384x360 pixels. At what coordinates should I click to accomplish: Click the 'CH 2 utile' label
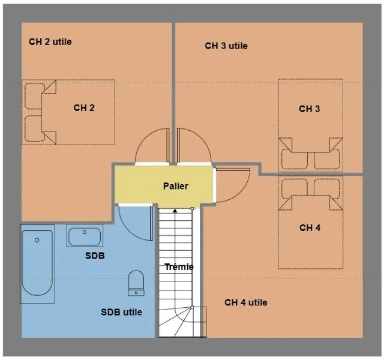pyautogui.click(x=50, y=42)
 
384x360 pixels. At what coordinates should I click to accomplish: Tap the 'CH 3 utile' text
pyautogui.click(x=226, y=46)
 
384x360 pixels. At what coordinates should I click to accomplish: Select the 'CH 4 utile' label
pyautogui.click(x=246, y=302)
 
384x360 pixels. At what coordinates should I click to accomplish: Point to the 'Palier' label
pyautogui.click(x=176, y=186)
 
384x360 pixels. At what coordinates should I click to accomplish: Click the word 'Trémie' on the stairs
pyautogui.click(x=179, y=267)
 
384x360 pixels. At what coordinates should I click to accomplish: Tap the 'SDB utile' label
pyautogui.click(x=121, y=312)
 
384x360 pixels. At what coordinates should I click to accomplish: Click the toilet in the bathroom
pyautogui.click(x=136, y=283)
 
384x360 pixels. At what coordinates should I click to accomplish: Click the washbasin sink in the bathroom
pyautogui.click(x=85, y=236)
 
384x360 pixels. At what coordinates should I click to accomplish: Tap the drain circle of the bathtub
pyautogui.click(x=37, y=240)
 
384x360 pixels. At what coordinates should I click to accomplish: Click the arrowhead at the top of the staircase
pyautogui.click(x=175, y=211)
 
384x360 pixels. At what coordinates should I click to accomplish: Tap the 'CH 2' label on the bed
pyautogui.click(x=84, y=108)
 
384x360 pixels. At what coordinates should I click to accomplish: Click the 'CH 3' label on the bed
pyautogui.click(x=310, y=109)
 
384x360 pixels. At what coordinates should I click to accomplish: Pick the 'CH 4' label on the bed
pyautogui.click(x=310, y=228)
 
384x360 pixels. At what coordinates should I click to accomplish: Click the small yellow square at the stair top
pyautogui.click(x=193, y=209)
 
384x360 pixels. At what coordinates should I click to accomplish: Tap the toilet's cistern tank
pyautogui.click(x=136, y=293)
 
